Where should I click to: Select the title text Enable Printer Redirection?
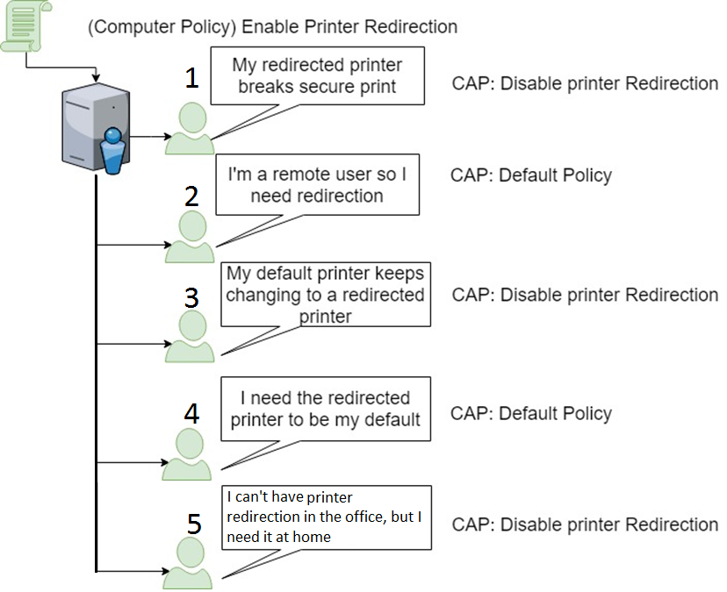[272, 26]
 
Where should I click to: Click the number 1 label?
[191, 79]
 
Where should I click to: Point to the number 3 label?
[192, 297]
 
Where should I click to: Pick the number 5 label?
[194, 525]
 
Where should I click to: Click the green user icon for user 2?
[190, 237]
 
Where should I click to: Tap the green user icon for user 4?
[187, 455]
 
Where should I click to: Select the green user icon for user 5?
[188, 564]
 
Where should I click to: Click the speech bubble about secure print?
[318, 75]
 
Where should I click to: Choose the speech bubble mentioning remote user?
[317, 185]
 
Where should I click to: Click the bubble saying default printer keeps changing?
[325, 295]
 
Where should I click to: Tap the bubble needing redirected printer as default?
[326, 410]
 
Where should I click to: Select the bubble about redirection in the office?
[325, 517]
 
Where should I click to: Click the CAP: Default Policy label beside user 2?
[530, 175]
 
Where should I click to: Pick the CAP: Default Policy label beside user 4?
[530, 413]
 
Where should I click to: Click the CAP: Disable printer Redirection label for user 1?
[585, 83]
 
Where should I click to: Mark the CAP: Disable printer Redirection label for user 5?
[585, 524]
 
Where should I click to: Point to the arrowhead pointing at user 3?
[161, 344]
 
